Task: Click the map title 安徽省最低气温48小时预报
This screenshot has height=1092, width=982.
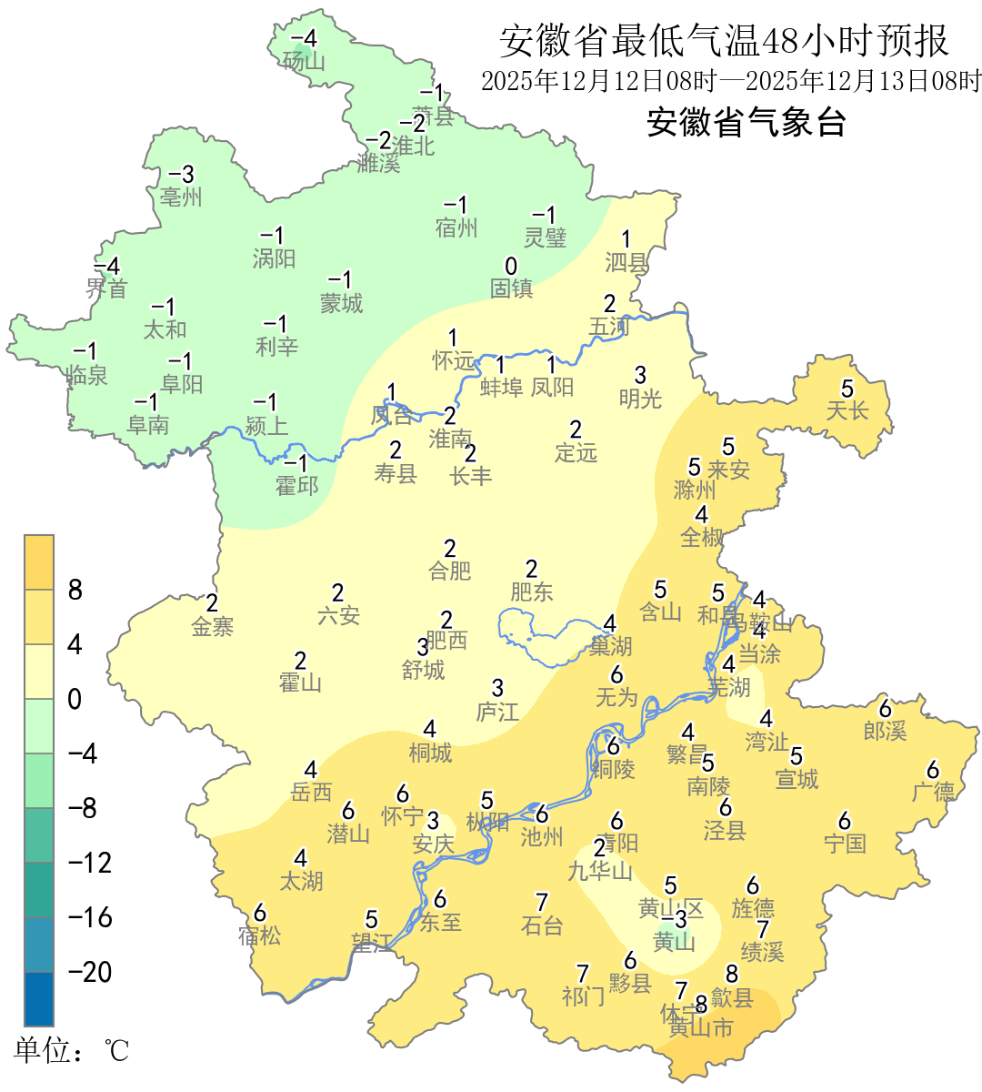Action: [x=724, y=41]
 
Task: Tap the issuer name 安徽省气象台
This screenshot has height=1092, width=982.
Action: [x=747, y=122]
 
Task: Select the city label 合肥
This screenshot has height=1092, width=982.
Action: [x=450, y=571]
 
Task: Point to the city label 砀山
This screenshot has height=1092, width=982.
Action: [x=304, y=61]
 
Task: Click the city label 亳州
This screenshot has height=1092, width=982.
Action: [x=181, y=197]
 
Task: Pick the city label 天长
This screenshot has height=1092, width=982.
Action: [x=847, y=411]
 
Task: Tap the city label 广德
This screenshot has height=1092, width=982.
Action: [x=934, y=792]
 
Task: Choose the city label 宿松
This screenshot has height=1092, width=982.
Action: [x=260, y=935]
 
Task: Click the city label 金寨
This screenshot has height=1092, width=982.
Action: [x=213, y=626]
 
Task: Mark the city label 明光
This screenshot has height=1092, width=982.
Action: [x=640, y=398]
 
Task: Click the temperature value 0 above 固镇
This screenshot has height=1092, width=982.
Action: [x=511, y=266]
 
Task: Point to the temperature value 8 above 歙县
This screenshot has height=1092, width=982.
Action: [x=732, y=976]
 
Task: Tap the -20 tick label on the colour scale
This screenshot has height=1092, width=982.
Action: [x=90, y=972]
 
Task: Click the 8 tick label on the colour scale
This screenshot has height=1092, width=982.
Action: [x=75, y=590]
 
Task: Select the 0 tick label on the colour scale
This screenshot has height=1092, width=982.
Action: [x=75, y=699]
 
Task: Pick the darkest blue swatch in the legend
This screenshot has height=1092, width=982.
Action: [x=39, y=998]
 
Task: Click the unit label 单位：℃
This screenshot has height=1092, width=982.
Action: [x=72, y=1051]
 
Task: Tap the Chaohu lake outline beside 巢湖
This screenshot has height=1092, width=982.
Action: [x=536, y=637]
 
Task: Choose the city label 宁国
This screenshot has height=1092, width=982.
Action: [x=845, y=844]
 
